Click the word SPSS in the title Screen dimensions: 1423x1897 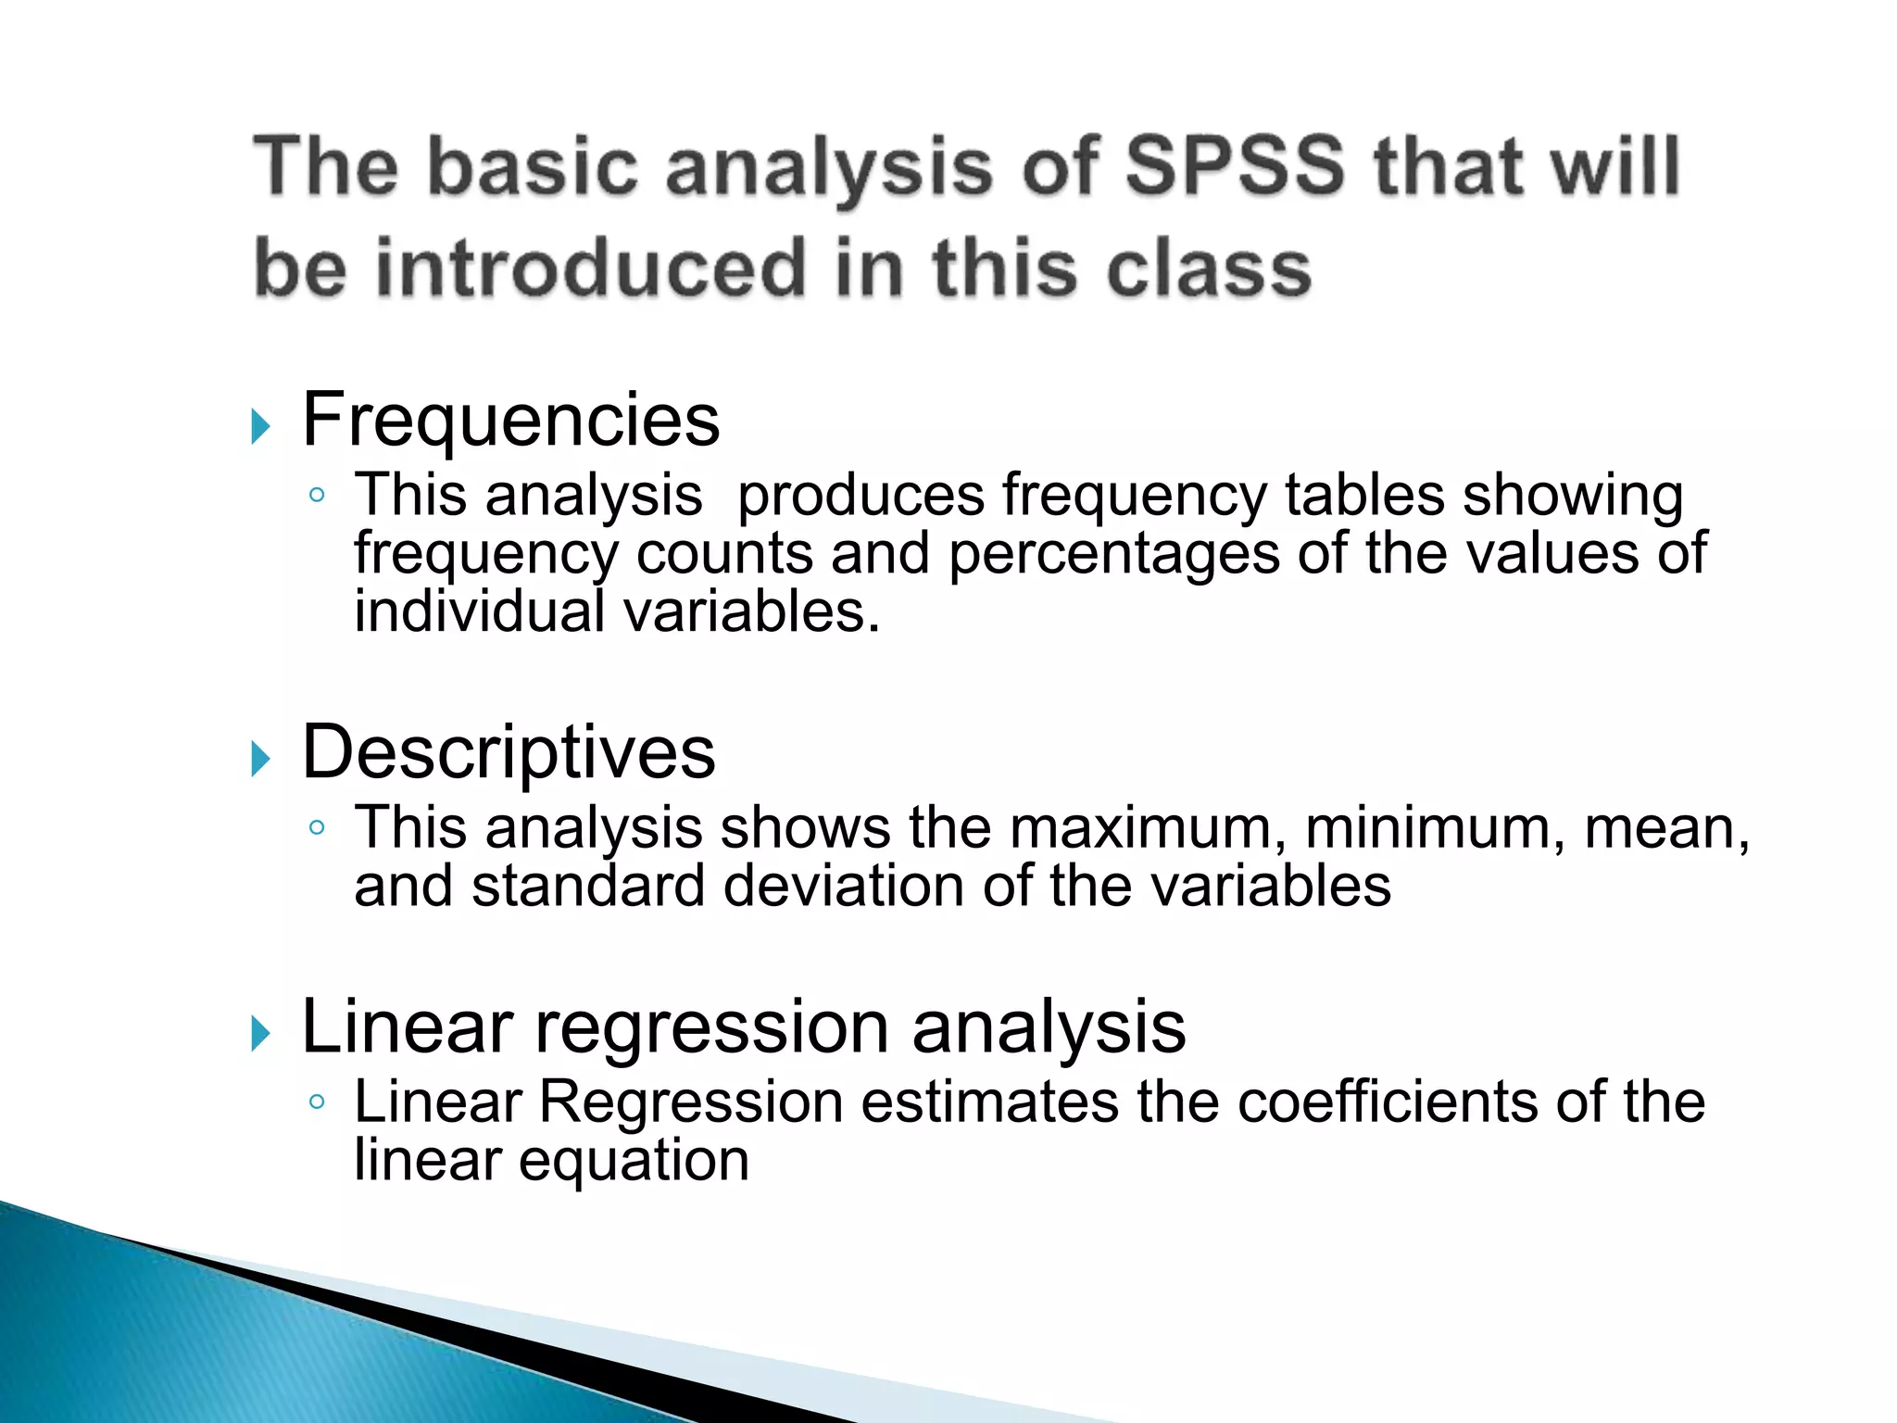coord(1233,167)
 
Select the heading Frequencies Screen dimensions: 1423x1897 coord(510,420)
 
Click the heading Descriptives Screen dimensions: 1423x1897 coord(509,751)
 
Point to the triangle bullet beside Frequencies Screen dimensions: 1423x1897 coord(260,427)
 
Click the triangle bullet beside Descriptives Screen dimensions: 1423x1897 coord(260,760)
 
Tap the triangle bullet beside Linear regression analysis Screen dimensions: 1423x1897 coord(260,1033)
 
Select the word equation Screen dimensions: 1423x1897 coord(634,1161)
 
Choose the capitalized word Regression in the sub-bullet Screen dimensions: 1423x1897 coord(691,1102)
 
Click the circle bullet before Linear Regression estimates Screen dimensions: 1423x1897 coord(318,1102)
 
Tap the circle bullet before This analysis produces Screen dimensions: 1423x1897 coord(318,496)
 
